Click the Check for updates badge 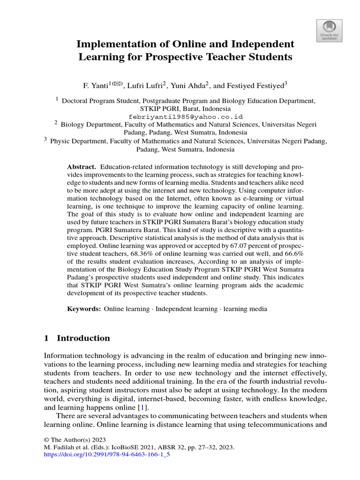330,30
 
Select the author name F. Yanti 96,86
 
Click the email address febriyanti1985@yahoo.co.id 186,116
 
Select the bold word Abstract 82,167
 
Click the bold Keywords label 84,309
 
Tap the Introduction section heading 83,338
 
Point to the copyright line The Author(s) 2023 75,440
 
